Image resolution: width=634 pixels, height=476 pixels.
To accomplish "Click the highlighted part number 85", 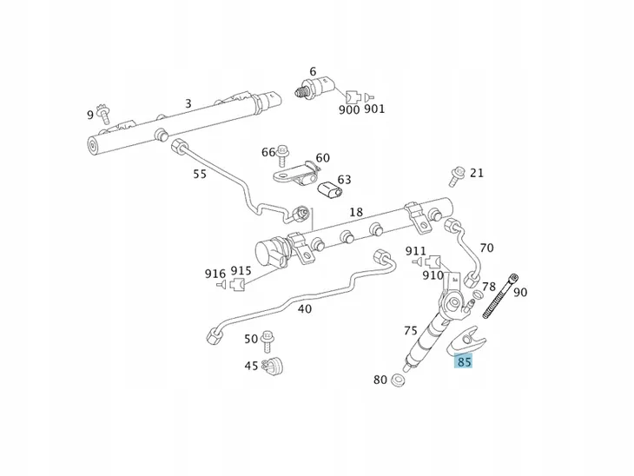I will (x=465, y=361).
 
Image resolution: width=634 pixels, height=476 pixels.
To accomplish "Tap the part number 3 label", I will (x=188, y=104).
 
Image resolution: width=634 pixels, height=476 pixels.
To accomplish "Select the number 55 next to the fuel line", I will (x=200, y=174).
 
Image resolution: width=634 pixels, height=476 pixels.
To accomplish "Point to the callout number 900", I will (x=348, y=109).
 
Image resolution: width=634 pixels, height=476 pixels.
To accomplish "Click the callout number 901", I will (x=374, y=109).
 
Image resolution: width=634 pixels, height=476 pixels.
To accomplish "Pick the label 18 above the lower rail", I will (x=356, y=213).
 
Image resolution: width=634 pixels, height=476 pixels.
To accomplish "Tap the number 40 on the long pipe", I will (x=304, y=308).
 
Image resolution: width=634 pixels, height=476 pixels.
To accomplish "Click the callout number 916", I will (x=215, y=273).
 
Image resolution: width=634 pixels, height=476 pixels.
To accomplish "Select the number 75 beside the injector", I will (x=411, y=331).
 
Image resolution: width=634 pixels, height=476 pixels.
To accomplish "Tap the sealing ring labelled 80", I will (x=400, y=380).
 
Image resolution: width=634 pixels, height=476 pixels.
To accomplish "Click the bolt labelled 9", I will (x=104, y=113).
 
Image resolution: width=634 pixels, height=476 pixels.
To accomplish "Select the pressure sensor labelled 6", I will (x=314, y=87).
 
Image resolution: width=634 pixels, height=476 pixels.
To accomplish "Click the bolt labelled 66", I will (x=282, y=156).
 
